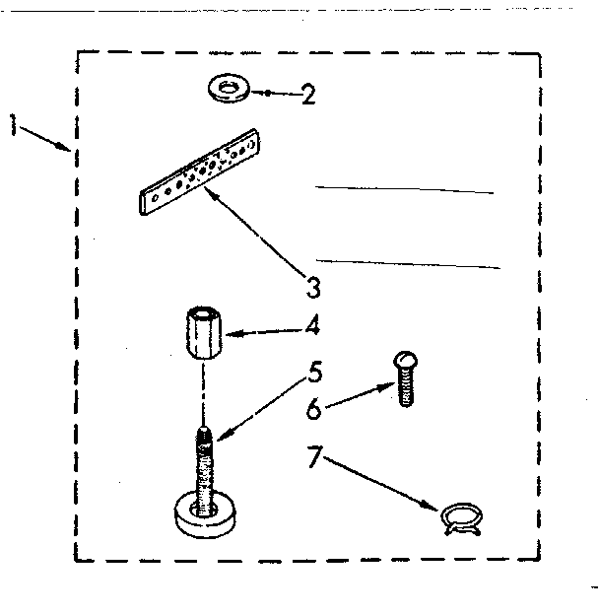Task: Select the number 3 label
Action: (x=312, y=288)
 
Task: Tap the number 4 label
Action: (x=312, y=323)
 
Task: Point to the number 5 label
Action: (x=314, y=373)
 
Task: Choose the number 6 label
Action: (x=313, y=408)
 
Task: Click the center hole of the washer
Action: (x=229, y=88)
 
